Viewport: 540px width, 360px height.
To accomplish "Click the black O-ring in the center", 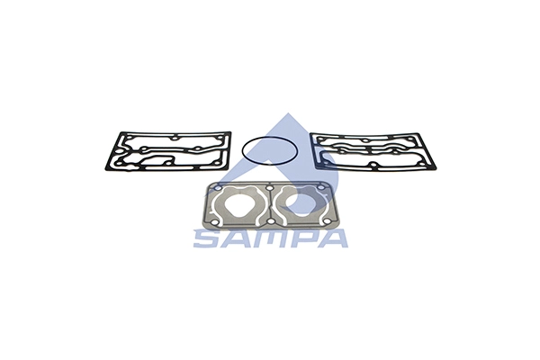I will point(267,136).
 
